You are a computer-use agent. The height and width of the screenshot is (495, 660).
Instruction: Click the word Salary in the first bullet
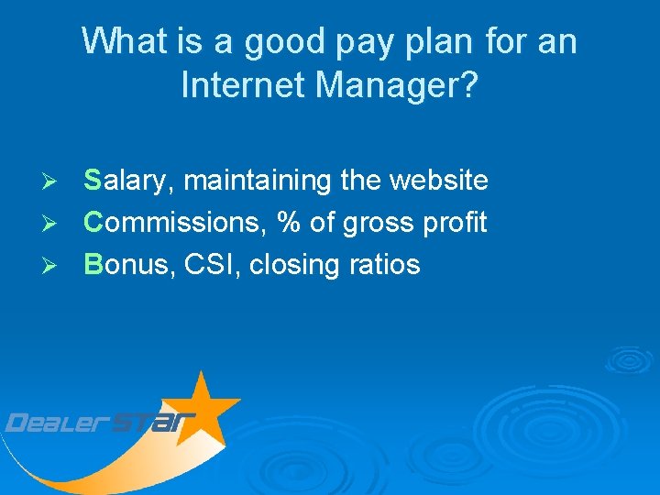click(128, 181)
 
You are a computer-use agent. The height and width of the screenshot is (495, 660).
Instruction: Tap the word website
click(439, 181)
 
